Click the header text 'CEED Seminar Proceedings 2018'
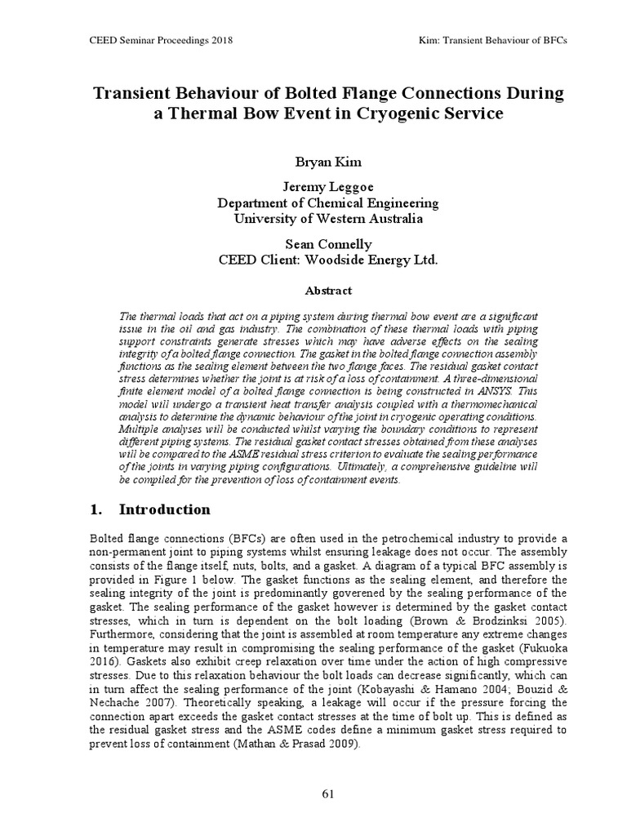(x=153, y=40)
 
